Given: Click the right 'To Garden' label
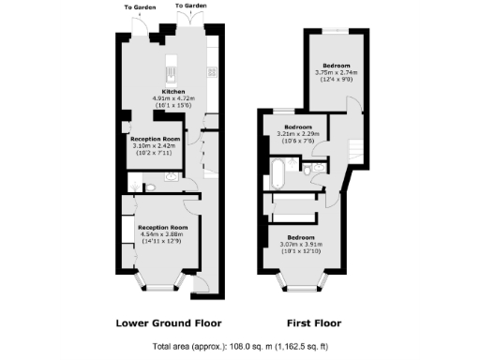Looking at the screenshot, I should click(x=190, y=7).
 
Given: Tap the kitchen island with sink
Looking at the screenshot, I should click(x=172, y=70).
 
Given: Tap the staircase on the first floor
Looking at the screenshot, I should click(x=354, y=148).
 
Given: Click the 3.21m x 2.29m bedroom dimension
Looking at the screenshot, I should click(x=299, y=133).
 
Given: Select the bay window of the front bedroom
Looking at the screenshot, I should click(x=299, y=280).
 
